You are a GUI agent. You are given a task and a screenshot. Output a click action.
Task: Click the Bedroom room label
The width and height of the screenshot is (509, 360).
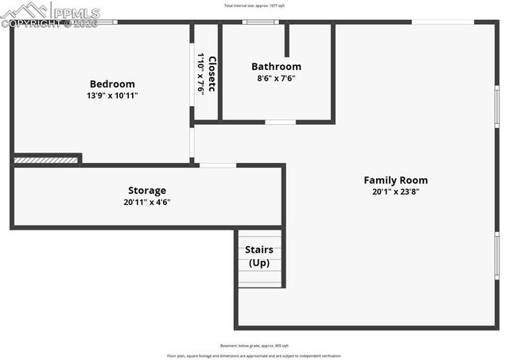point(112,84)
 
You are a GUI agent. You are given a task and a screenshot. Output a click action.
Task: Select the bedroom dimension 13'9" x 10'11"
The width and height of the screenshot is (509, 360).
point(112,95)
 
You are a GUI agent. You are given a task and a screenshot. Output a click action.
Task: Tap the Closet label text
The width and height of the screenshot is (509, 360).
point(212,73)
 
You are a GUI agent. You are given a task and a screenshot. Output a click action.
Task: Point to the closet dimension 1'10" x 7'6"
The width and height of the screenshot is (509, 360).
point(201,73)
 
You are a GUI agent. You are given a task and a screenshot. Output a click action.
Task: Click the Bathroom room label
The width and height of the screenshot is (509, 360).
point(276,67)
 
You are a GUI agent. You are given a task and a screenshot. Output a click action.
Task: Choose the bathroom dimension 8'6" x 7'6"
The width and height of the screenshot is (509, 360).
point(276,78)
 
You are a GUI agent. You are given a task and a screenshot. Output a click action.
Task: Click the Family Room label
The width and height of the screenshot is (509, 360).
point(395,180)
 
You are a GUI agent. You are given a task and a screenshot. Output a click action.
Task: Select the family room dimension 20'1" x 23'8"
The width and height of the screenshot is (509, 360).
point(395,192)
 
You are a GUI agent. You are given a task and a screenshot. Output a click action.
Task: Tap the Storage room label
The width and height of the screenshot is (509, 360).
point(147,191)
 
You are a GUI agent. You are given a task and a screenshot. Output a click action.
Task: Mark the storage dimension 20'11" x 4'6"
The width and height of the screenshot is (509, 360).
point(147,202)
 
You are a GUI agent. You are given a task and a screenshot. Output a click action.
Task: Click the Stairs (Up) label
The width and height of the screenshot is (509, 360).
point(259,256)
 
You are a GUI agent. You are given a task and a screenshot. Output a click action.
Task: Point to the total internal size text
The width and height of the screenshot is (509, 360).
point(254,6)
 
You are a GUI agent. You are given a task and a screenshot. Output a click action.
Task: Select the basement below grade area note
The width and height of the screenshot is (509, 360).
point(254,346)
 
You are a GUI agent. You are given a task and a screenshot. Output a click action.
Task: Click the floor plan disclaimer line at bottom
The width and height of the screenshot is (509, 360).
point(254,355)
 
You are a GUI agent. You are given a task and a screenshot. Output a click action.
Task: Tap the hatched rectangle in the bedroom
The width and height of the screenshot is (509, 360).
point(46,161)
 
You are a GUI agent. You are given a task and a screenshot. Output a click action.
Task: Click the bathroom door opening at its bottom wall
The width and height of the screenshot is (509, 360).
point(280,122)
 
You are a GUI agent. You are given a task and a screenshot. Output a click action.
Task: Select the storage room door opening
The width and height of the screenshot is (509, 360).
point(217,165)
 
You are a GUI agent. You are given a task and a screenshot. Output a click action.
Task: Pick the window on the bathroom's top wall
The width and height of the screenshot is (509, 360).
point(255,22)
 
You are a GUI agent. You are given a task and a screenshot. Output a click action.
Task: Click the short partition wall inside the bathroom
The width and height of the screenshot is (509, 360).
point(287,40)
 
